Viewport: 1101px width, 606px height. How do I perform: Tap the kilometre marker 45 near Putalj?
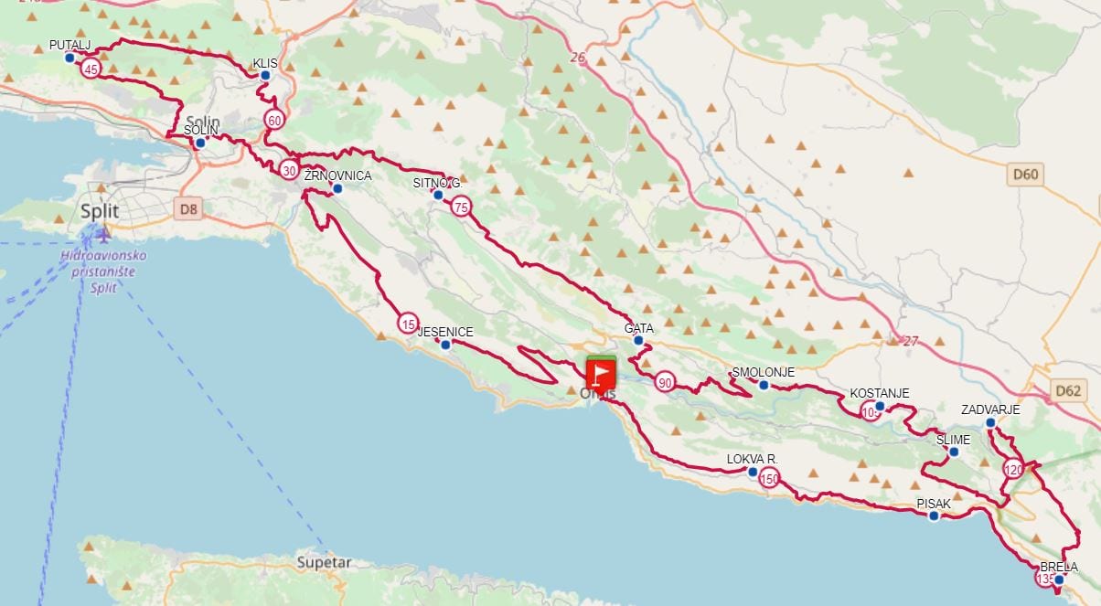click(91, 69)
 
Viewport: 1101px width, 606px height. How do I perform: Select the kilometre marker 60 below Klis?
click(273, 120)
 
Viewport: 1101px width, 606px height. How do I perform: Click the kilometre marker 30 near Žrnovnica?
click(289, 170)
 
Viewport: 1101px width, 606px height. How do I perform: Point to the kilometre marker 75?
click(461, 207)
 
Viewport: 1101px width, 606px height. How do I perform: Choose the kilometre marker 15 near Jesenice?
click(408, 323)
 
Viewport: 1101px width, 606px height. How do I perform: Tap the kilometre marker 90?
click(665, 382)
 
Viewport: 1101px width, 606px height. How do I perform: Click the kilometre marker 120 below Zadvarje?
click(1013, 470)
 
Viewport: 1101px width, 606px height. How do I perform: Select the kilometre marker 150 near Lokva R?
click(769, 477)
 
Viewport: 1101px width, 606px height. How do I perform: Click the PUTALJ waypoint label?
click(70, 44)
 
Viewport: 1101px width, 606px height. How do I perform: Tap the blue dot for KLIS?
click(265, 76)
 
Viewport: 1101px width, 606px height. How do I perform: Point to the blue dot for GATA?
click(638, 341)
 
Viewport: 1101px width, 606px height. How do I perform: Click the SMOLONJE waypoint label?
click(763, 372)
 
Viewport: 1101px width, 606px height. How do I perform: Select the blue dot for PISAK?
click(934, 516)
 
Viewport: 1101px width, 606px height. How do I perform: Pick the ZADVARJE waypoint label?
click(989, 409)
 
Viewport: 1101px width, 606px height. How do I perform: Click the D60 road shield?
click(1026, 175)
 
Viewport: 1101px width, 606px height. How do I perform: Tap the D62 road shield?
click(1068, 391)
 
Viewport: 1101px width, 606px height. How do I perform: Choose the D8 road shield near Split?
click(188, 209)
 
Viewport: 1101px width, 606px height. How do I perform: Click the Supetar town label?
click(325, 563)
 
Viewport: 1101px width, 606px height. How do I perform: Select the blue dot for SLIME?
click(954, 452)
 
